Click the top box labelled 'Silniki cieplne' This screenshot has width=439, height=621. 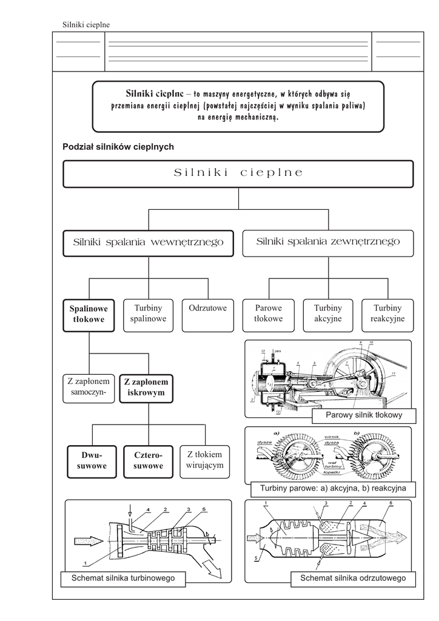(x=238, y=173)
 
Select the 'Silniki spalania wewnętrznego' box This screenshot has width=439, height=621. (x=148, y=243)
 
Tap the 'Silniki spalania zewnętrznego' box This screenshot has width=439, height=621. (x=328, y=242)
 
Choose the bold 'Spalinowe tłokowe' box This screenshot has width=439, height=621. (x=89, y=314)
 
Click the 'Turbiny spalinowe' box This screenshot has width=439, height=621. (x=149, y=314)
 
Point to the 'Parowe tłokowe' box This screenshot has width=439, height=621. (x=269, y=314)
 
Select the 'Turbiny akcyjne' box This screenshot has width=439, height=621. (x=328, y=314)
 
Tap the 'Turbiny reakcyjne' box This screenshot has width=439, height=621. (x=387, y=314)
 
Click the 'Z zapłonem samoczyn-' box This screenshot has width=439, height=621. (x=89, y=388)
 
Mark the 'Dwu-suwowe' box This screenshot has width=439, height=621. (x=91, y=461)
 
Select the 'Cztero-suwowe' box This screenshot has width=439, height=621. (x=149, y=461)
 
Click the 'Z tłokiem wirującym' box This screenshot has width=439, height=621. (x=206, y=460)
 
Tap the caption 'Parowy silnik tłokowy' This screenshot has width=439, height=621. (x=364, y=415)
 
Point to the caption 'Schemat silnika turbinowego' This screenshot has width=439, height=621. (x=123, y=579)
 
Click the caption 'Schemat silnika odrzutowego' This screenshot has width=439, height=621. (x=353, y=579)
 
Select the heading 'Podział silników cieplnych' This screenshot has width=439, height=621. (x=118, y=147)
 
